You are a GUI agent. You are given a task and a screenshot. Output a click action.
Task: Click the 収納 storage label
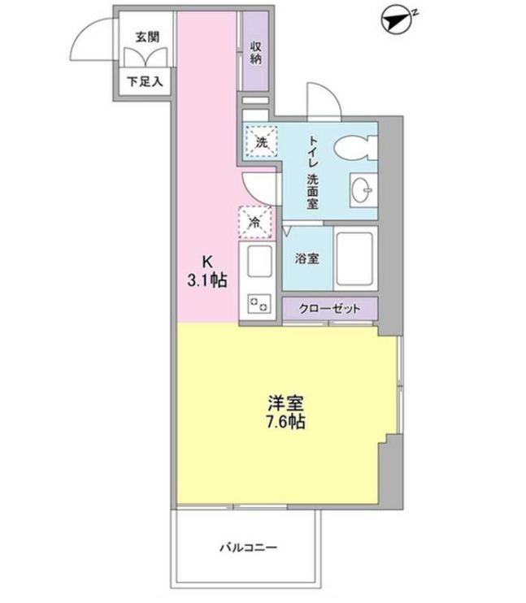coord(255,50)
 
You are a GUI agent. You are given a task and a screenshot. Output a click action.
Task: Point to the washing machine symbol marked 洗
coord(261,141)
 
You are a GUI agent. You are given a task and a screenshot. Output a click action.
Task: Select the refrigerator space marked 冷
coord(255,220)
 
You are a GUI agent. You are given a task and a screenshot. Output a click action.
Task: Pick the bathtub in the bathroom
coord(356,258)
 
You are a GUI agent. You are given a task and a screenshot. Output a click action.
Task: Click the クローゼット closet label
coord(329,310)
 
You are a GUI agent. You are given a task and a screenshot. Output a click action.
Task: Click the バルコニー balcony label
coord(248,547)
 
